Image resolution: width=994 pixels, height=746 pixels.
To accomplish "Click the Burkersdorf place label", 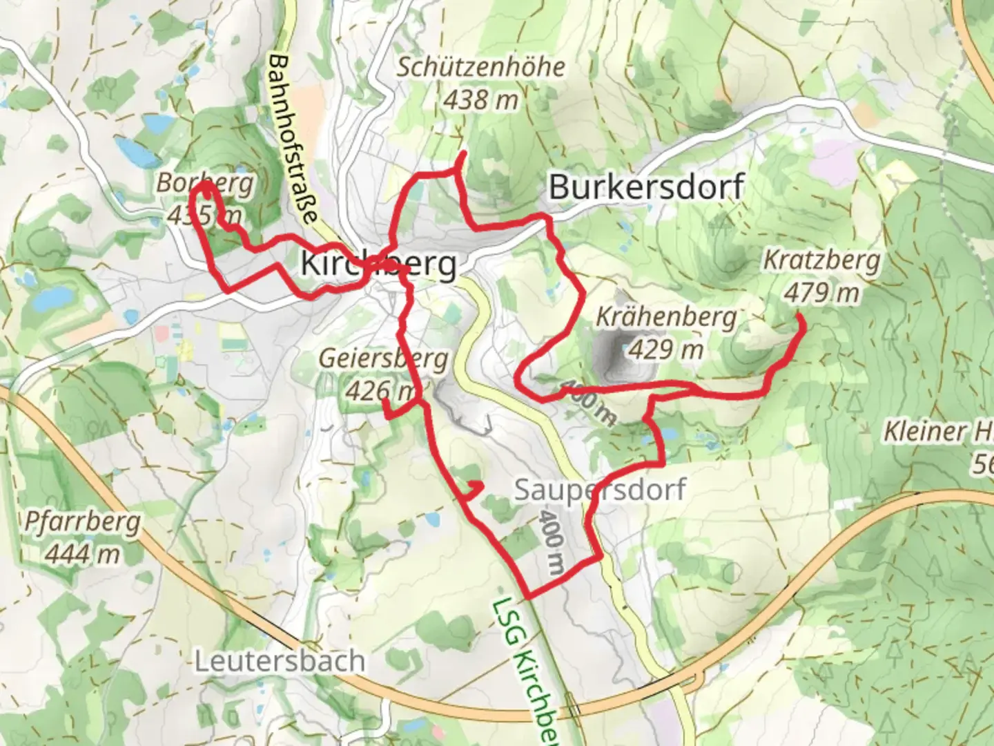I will point(646,186).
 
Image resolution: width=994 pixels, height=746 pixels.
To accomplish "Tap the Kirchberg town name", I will point(378,264).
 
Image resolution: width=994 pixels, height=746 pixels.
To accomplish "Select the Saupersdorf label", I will point(600,490).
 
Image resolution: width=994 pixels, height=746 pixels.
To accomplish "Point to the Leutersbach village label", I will point(280,661).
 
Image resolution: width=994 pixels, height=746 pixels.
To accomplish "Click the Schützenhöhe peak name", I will point(480,67).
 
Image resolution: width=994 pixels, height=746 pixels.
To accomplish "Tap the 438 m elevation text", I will point(480,100).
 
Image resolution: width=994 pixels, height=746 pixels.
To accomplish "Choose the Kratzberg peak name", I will point(821,260).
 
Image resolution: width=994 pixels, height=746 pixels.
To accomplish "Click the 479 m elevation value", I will point(821,293).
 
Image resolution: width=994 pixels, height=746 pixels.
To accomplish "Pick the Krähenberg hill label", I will point(666,317).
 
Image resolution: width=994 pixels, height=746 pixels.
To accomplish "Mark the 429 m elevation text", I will point(666,350).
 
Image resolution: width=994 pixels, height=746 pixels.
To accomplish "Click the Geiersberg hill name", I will point(383,359).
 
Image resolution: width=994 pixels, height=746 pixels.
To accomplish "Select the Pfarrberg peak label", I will point(82,522).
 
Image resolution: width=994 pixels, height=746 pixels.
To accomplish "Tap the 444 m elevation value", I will point(82,554).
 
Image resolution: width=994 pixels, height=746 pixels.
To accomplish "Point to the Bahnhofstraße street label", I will point(293,138).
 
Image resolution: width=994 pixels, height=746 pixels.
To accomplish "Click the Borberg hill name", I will point(205,183).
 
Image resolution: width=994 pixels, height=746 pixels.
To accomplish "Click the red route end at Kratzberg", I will point(799,317).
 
